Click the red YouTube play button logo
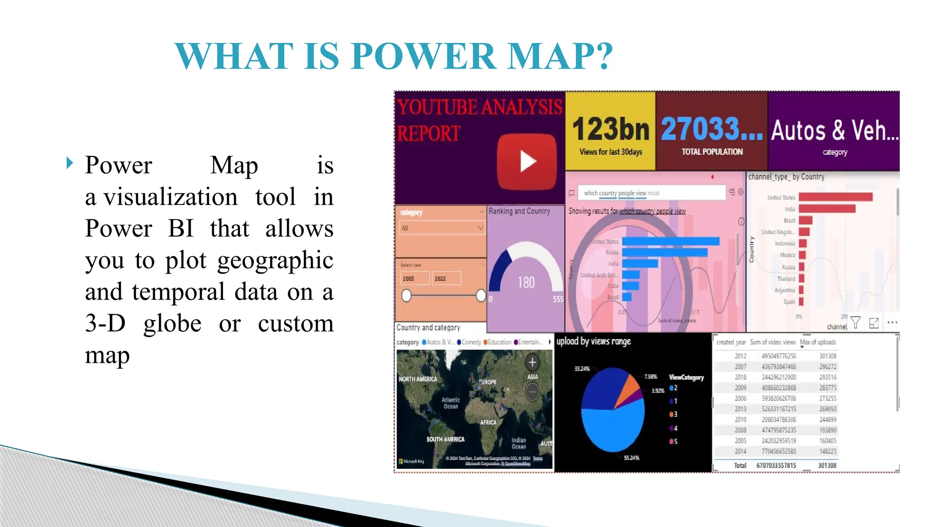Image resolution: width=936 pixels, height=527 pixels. click(x=527, y=161)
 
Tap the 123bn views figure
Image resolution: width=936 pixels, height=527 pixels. click(x=611, y=129)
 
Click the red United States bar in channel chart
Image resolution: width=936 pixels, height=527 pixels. click(x=835, y=197)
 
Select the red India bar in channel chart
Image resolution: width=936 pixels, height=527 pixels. click(x=827, y=209)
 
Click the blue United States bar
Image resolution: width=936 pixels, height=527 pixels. click(x=670, y=241)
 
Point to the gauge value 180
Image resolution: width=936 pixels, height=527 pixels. click(x=526, y=282)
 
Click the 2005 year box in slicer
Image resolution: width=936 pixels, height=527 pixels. click(x=414, y=279)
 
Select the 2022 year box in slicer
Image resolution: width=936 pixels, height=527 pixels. click(x=446, y=279)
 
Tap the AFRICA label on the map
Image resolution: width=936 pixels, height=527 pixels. click(x=488, y=422)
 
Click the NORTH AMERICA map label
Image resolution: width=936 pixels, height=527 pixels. click(x=418, y=379)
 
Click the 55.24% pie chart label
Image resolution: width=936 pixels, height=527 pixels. click(x=631, y=457)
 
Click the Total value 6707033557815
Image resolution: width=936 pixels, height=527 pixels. click(x=776, y=465)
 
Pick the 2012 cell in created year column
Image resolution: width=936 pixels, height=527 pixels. click(x=740, y=356)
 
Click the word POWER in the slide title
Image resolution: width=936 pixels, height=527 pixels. click(x=424, y=56)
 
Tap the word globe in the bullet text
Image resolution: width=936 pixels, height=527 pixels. click(x=172, y=323)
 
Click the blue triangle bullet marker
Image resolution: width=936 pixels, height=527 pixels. click(x=69, y=163)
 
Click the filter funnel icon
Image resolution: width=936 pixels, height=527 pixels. click(x=856, y=323)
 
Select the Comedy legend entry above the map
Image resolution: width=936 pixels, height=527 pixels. click(x=469, y=342)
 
